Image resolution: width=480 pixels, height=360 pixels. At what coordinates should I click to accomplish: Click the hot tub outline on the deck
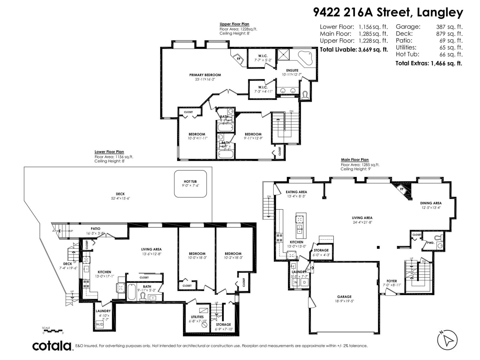tap(190, 184)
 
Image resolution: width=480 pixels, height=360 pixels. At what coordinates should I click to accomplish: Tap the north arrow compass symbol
tap(447, 340)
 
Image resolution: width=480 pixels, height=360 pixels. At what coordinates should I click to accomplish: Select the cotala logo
tap(52, 346)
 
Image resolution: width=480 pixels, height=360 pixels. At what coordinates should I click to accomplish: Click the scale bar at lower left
tap(53, 331)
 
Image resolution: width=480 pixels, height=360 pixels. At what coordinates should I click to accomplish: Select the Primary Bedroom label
tap(205, 75)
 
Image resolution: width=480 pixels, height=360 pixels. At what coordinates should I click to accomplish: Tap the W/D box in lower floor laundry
tap(100, 325)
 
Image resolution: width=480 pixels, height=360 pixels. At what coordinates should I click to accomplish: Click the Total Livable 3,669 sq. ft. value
tap(373, 50)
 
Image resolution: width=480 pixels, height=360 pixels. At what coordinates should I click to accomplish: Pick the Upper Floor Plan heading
tap(234, 24)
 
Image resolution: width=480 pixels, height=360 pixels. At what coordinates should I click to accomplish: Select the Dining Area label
tap(430, 203)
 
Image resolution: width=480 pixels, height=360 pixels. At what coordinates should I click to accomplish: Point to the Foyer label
tap(391, 281)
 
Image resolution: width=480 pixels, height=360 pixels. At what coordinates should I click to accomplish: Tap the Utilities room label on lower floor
tap(197, 317)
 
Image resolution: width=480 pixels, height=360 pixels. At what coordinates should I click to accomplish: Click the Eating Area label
tap(296, 192)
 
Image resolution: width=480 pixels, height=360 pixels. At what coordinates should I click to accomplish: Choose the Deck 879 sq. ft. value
tap(449, 34)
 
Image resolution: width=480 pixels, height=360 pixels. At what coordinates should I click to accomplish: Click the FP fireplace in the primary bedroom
tap(239, 58)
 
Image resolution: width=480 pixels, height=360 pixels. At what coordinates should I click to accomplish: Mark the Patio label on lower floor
tap(95, 229)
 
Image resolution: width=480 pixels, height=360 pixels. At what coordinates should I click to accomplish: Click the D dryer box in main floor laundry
tap(304, 282)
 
